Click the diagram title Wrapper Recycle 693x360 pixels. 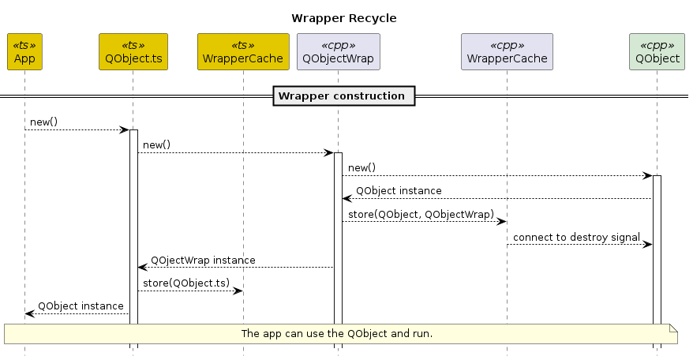click(343, 17)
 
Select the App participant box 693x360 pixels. click(24, 52)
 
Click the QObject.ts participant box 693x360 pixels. click(133, 52)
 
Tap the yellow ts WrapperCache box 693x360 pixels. click(243, 52)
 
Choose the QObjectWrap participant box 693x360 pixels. click(338, 52)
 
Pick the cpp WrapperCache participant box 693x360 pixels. click(506, 52)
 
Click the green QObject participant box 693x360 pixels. click(657, 52)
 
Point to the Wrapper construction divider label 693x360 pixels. click(341, 96)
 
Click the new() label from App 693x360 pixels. click(43, 122)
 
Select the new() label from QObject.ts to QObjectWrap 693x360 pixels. click(156, 145)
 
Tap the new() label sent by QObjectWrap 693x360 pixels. click(361, 168)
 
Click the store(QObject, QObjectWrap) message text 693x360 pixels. click(421, 214)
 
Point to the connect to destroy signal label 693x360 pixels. click(576, 237)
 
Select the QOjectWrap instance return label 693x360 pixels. click(203, 260)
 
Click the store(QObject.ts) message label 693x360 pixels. click(186, 283)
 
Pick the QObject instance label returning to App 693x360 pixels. click(81, 306)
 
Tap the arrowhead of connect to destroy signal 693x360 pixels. click(647, 245)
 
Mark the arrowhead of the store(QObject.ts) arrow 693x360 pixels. click(237, 291)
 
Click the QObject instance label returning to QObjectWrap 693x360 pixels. click(399, 191)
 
